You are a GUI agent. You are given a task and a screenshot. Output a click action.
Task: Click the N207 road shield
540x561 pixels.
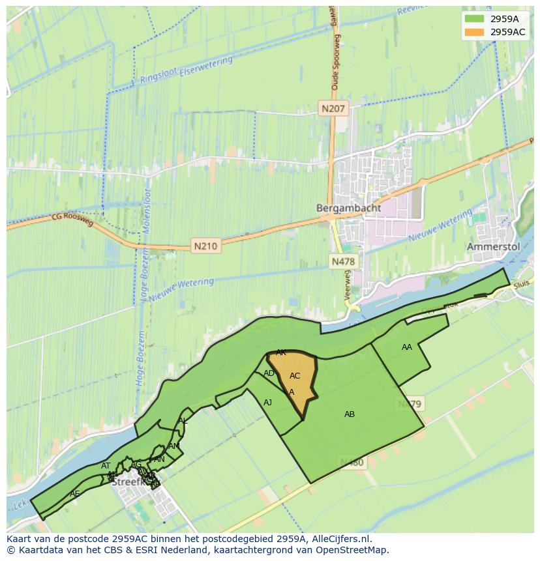[333, 109]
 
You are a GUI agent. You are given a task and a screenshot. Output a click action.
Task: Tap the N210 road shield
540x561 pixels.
[205, 246]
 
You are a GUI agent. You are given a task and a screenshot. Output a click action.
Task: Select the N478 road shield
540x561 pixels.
[343, 262]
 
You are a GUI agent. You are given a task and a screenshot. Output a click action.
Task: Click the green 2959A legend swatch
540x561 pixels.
[475, 18]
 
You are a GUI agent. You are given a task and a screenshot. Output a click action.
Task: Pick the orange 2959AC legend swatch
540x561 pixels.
[475, 31]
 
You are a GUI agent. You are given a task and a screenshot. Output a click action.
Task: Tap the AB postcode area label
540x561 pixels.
[350, 414]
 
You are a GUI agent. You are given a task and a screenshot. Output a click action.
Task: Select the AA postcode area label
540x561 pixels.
[407, 347]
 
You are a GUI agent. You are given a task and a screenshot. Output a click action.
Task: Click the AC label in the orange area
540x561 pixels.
[295, 376]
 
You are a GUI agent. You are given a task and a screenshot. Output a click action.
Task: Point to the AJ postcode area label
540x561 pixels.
[268, 403]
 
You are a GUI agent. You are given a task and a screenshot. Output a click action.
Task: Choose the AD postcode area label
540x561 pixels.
[269, 373]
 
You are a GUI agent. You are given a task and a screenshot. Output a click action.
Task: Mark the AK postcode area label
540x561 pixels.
[281, 352]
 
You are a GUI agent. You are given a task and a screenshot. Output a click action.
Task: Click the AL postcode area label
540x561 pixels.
[183, 421]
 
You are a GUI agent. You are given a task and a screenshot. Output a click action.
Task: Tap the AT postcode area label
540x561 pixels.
[106, 466]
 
